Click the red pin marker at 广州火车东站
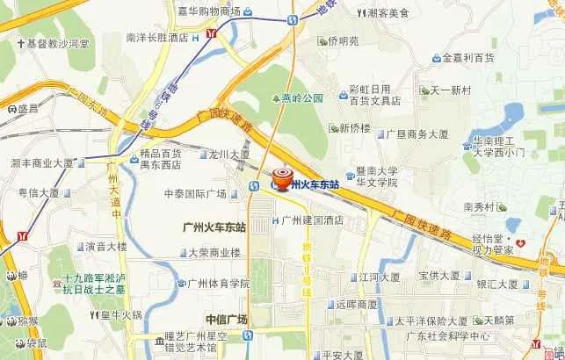coord(283,176)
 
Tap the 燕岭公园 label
coord(303,98)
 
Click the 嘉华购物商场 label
coord(207,11)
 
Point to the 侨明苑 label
coord(344,40)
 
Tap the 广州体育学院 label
coord(218,284)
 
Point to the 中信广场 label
coord(226,319)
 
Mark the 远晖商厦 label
coord(356,304)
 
